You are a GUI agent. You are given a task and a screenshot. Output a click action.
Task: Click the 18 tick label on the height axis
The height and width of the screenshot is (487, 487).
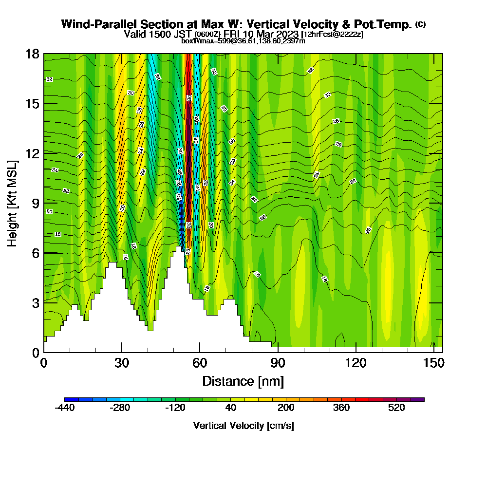(x=32, y=54)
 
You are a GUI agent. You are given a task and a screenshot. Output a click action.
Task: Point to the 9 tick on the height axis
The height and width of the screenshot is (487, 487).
(x=44, y=203)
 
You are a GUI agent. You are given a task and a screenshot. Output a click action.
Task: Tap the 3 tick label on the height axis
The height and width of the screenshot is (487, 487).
(x=36, y=303)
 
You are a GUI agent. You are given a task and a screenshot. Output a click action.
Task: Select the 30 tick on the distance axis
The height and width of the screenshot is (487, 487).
(x=122, y=352)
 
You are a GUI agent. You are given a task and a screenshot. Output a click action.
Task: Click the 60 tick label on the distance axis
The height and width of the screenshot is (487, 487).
(x=200, y=363)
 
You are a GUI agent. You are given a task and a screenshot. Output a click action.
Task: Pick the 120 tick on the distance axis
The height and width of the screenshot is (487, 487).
(x=356, y=352)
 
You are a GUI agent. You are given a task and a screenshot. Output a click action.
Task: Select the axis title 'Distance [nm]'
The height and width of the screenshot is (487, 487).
(x=243, y=381)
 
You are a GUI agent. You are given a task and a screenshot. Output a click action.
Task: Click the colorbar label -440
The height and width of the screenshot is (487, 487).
(x=65, y=408)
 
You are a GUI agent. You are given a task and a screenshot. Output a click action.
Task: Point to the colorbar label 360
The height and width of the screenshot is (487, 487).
(x=341, y=408)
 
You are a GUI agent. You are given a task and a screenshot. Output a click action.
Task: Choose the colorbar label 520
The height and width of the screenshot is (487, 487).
(x=397, y=408)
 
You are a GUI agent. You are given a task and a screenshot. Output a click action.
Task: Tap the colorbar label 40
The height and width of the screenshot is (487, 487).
(x=231, y=408)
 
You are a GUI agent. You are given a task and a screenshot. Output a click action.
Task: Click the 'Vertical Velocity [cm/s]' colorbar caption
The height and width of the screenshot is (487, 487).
(x=243, y=426)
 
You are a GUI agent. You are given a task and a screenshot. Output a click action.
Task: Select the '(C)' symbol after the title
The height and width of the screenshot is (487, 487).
(x=421, y=24)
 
